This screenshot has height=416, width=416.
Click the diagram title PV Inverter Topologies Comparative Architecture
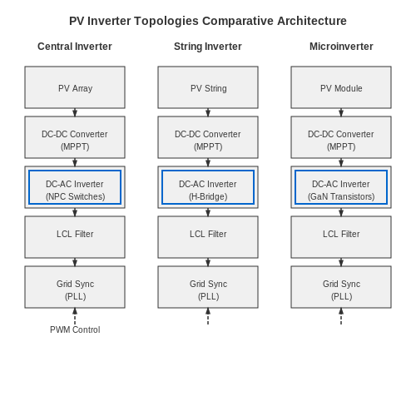pos(208,21)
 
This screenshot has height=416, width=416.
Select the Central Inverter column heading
pos(75,47)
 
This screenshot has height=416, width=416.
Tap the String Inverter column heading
pos(208,47)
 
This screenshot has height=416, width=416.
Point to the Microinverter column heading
pos(341,47)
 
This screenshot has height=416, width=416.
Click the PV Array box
pos(75,87)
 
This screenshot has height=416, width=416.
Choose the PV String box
pos(208,87)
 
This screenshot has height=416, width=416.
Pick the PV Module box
pos(341,87)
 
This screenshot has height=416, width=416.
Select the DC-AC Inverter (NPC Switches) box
pos(75,187)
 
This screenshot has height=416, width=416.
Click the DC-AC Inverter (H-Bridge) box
pos(208,187)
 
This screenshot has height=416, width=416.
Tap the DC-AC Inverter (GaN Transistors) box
pos(341,187)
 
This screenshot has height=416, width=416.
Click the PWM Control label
pos(75,329)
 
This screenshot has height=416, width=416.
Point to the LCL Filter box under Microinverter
pos(341,237)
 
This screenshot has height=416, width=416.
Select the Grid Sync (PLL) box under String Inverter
pos(208,287)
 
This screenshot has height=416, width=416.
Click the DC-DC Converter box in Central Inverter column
pos(75,137)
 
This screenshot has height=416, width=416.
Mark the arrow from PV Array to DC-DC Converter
pos(75,112)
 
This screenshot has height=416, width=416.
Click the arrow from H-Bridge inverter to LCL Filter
pos(208,212)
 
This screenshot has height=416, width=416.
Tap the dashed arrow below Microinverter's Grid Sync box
pos(341,316)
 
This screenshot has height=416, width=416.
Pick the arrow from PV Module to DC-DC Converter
pos(341,112)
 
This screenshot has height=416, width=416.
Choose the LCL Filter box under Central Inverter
pos(75,237)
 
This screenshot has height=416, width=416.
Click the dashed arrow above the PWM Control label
pos(75,316)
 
